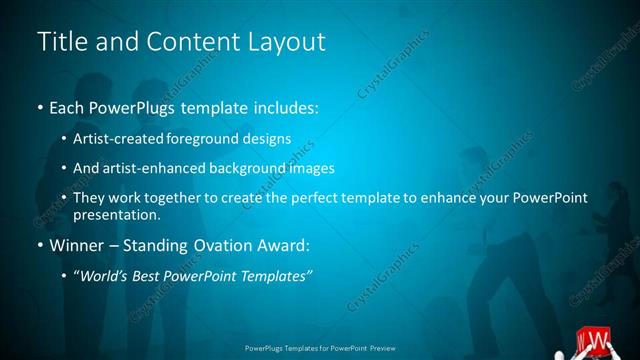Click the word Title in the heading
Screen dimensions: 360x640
point(60,42)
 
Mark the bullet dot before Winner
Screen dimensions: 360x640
point(39,245)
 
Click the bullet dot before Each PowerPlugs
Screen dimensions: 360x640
point(39,106)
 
